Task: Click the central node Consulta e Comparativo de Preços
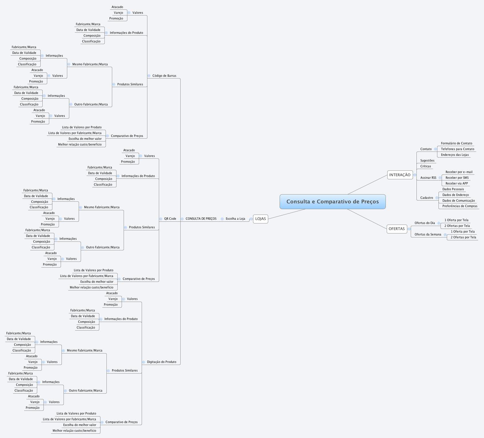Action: (332, 202)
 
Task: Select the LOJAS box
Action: (260, 219)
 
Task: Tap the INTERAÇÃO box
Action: (400, 175)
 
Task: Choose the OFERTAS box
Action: (396, 229)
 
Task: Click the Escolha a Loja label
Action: (235, 219)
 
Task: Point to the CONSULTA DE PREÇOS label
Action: (201, 219)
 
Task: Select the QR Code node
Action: (170, 219)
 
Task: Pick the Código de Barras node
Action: (164, 76)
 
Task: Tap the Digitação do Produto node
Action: (161, 362)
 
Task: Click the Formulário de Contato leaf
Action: (456, 144)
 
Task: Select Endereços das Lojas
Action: (455, 155)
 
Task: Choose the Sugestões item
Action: (427, 161)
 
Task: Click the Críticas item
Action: (425, 166)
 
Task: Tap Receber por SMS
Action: (457, 178)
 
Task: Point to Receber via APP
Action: (457, 184)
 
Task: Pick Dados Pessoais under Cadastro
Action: (453, 189)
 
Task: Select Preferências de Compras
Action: (460, 206)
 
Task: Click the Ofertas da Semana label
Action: (428, 235)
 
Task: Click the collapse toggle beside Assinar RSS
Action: (440, 178)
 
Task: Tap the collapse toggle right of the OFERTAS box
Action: (409, 229)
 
